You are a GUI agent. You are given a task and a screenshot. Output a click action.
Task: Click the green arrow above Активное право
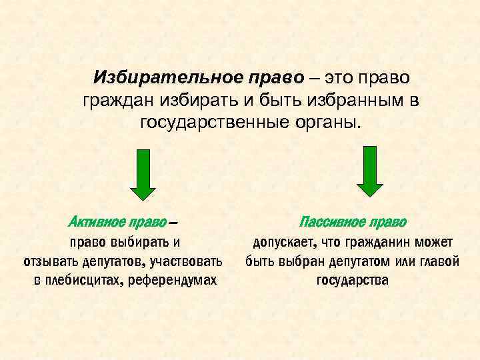142,174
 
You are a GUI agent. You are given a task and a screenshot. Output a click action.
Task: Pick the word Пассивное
331,221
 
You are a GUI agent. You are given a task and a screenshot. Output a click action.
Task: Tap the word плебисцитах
84,280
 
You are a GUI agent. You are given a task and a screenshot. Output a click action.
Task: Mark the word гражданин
367,241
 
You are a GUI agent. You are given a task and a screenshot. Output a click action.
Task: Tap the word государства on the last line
352,280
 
